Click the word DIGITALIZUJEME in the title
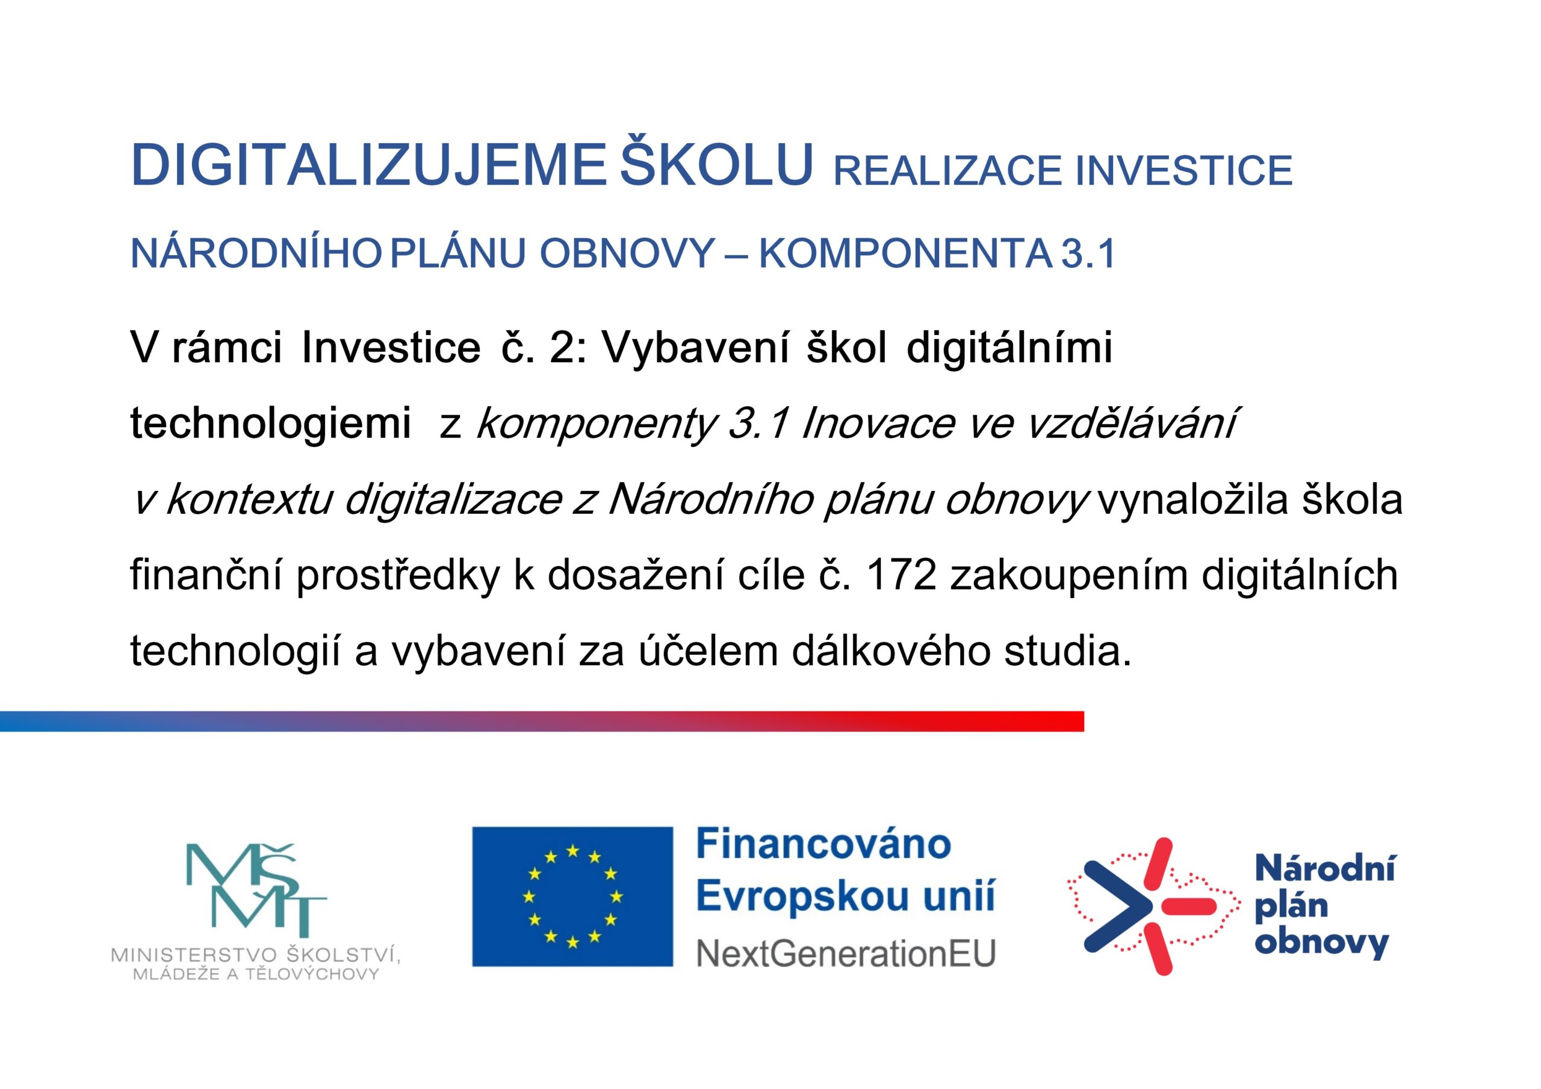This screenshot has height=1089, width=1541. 368,165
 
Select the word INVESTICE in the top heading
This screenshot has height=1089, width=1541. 1184,170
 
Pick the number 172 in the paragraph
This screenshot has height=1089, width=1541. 901,575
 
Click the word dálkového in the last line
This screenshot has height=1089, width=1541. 891,651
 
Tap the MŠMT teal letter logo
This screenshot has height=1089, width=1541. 256,890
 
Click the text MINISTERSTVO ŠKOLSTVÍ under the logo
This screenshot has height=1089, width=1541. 256,955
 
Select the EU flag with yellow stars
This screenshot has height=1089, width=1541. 572,896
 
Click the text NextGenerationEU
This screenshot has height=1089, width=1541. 846,953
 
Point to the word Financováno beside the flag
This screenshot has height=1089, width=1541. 823,844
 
